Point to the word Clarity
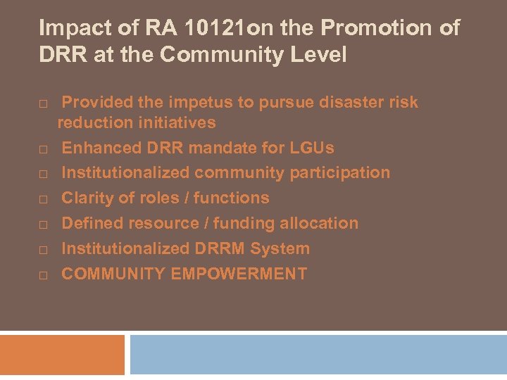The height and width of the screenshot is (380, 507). (x=87, y=198)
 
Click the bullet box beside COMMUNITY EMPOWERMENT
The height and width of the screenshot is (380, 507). (x=43, y=274)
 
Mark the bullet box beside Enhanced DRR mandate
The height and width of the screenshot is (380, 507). (x=43, y=148)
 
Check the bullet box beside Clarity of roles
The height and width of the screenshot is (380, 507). (x=43, y=199)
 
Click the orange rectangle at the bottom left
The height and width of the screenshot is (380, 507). (x=62, y=355)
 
